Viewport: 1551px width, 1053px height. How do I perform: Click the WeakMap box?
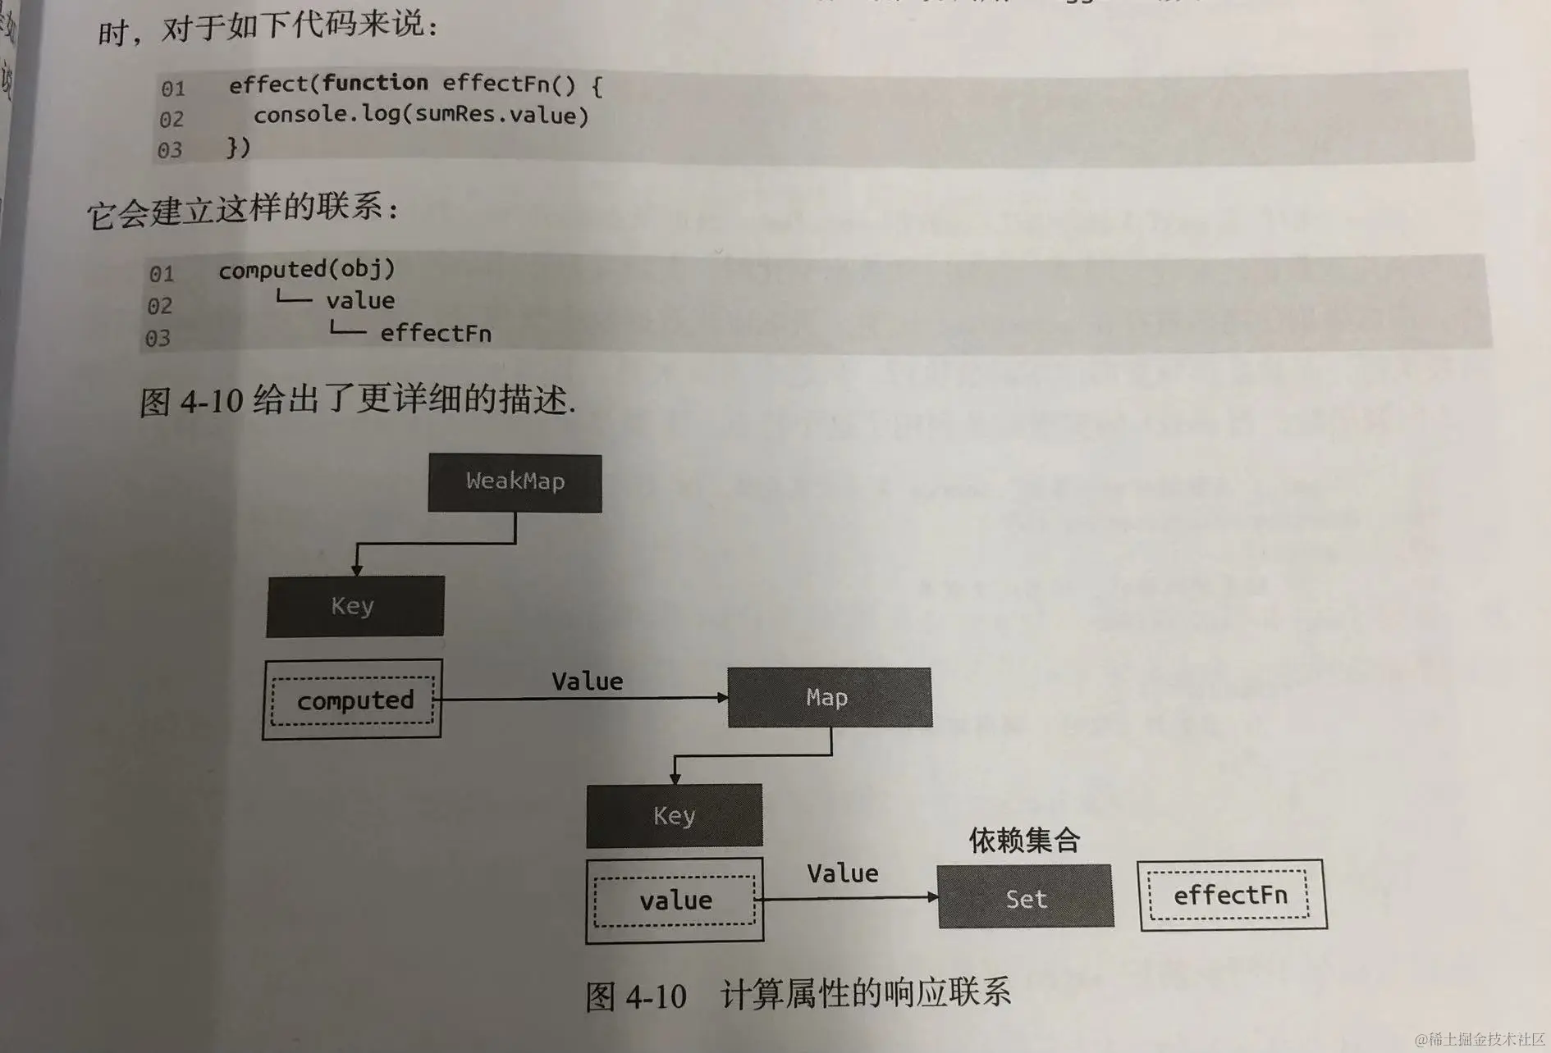point(515,482)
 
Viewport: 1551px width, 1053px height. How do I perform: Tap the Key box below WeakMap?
point(355,606)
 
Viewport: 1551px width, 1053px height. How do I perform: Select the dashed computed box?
point(354,700)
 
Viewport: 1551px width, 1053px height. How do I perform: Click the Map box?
point(829,697)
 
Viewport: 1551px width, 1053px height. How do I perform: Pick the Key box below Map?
point(674,815)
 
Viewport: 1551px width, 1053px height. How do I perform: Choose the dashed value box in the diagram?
point(675,900)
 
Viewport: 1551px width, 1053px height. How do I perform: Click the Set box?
point(1025,898)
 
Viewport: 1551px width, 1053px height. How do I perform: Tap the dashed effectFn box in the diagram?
point(1230,895)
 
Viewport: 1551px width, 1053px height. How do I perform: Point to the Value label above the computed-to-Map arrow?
point(587,681)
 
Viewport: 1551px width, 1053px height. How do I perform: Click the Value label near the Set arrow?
point(842,873)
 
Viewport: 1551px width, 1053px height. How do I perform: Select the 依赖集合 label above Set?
point(1023,840)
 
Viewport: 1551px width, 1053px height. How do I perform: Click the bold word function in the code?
point(375,83)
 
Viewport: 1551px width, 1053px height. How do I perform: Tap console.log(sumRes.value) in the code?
point(421,115)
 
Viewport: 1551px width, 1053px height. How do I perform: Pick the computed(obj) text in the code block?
point(306,269)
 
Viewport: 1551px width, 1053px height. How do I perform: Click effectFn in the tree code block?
point(435,334)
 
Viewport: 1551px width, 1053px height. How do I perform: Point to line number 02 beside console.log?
point(171,120)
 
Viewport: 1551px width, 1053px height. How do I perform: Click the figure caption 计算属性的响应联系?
point(865,993)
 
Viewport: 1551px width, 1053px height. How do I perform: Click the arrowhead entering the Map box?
point(722,698)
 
